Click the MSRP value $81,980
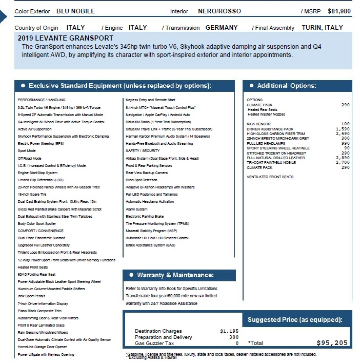click(x=339, y=11)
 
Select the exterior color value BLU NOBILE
click(x=76, y=11)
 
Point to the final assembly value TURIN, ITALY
click(x=323, y=28)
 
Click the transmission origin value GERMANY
click(x=222, y=28)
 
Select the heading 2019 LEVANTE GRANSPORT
click(x=66, y=38)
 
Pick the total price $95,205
click(x=332, y=343)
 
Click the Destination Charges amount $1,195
click(x=229, y=331)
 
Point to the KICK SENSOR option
click(x=259, y=124)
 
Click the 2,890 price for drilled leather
click(x=343, y=158)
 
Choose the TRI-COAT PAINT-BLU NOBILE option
click(x=271, y=162)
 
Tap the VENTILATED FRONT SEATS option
click(x=270, y=177)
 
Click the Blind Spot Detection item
click(x=142, y=180)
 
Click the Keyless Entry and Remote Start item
click(x=150, y=100)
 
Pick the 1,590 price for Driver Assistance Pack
click(x=343, y=129)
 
